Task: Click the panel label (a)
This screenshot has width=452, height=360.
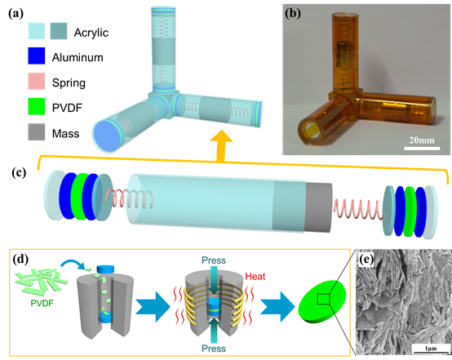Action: click(16, 14)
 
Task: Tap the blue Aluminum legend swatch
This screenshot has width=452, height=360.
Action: click(37, 56)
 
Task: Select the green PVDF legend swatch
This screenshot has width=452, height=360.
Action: click(37, 106)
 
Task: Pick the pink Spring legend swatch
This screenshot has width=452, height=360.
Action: click(37, 81)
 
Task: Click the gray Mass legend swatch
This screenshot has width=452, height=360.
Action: click(37, 132)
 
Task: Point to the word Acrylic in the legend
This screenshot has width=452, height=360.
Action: click(91, 33)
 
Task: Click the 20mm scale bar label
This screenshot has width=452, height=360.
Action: click(422, 140)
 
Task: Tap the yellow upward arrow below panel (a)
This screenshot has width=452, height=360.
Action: click(221, 145)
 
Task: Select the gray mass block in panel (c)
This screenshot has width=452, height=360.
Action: click(318, 207)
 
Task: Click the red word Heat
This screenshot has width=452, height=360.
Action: click(255, 277)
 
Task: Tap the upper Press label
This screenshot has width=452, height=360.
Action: click(214, 260)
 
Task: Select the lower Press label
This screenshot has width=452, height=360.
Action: click(214, 349)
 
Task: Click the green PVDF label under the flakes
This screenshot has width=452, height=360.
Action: click(42, 303)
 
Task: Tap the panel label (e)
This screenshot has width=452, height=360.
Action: click(366, 259)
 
